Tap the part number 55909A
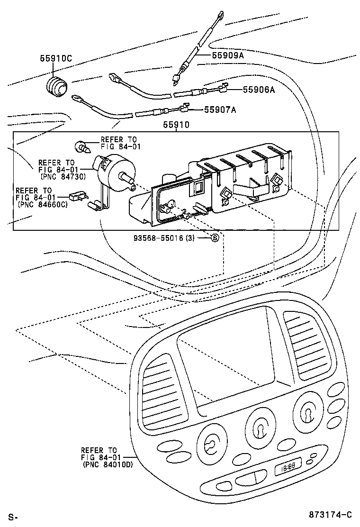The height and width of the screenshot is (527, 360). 228,55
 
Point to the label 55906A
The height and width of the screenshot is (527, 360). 259,89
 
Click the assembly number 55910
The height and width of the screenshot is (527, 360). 176,125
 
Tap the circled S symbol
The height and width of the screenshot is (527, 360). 214,238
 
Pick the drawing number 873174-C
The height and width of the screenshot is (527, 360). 331,515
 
